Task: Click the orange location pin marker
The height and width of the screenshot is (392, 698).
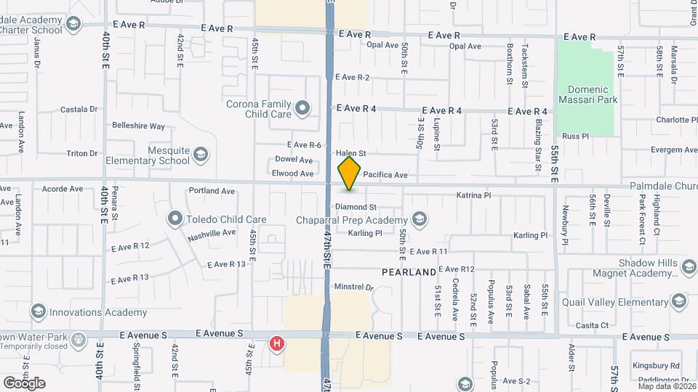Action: (x=350, y=173)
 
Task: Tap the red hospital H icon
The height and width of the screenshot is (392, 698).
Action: (x=276, y=343)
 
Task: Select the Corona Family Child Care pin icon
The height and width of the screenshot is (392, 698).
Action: (x=302, y=110)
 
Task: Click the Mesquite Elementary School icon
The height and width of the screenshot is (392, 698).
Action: (x=201, y=155)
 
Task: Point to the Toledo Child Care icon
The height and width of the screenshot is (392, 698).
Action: (x=174, y=219)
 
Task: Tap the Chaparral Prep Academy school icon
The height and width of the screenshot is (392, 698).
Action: (x=418, y=219)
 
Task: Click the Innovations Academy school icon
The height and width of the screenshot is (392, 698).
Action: (x=39, y=312)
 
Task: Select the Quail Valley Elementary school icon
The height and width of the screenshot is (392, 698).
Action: (x=679, y=301)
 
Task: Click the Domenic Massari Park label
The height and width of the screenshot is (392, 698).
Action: (x=587, y=94)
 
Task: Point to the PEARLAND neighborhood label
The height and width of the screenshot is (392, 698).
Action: (x=410, y=272)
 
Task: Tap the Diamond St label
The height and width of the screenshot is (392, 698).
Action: (x=356, y=208)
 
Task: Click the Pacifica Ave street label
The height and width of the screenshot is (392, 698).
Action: (x=385, y=175)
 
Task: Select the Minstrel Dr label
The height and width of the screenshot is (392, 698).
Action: (x=353, y=287)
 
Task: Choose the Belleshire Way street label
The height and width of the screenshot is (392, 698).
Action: (x=138, y=126)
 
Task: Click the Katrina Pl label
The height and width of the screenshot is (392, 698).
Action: (x=473, y=195)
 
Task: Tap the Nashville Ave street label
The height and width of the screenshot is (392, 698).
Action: (x=212, y=234)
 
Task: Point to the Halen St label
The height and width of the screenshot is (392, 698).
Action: (x=350, y=153)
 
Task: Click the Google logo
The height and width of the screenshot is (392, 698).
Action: (x=24, y=383)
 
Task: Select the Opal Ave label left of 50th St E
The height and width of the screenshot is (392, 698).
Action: (x=382, y=45)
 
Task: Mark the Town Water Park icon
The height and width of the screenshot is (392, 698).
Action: (x=79, y=340)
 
